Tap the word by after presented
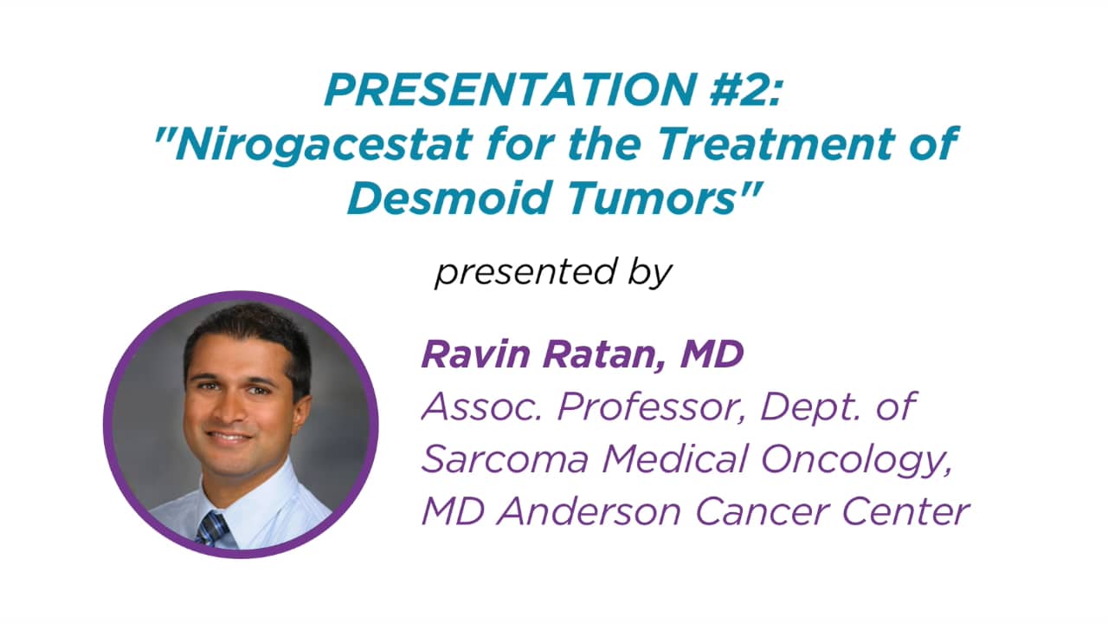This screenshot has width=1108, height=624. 647,273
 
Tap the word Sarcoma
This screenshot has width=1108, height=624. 504,459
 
